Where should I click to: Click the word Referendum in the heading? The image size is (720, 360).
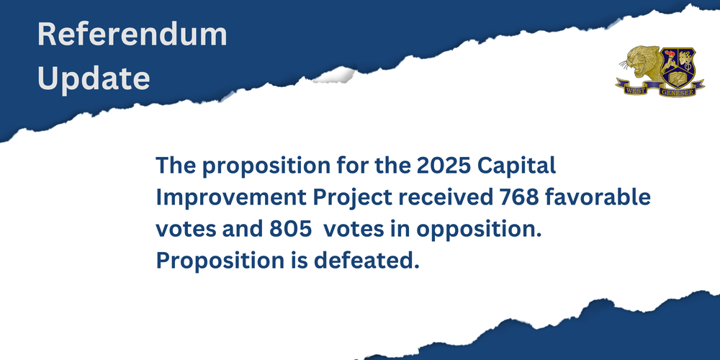click(x=132, y=35)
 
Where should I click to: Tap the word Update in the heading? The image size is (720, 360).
click(x=94, y=78)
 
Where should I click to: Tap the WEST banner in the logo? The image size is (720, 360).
click(x=634, y=87)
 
